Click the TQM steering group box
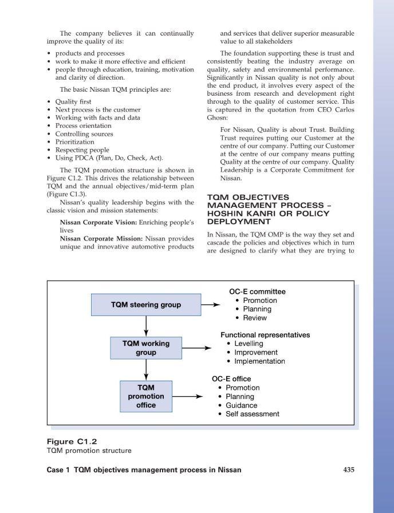pyautogui.click(x=146, y=305)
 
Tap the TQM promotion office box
pyautogui.click(x=146, y=396)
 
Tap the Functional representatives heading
pyautogui.click(x=265, y=334)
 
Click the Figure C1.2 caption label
pyautogui.click(x=72, y=441)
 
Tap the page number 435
pyautogui.click(x=348, y=470)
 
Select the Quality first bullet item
pyautogui.click(x=73, y=101)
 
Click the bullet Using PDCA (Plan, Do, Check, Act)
pyautogui.click(x=109, y=157)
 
